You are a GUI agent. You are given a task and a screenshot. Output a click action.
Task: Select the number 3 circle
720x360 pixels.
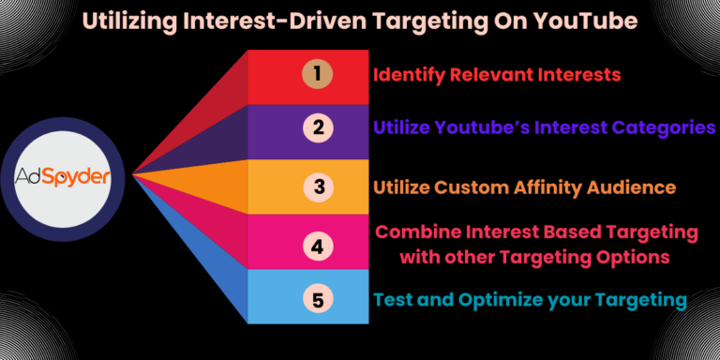point(317,187)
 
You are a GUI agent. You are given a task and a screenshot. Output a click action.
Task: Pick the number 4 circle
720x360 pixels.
point(317,246)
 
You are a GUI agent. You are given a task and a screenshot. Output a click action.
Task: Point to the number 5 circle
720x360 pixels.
point(317,300)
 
